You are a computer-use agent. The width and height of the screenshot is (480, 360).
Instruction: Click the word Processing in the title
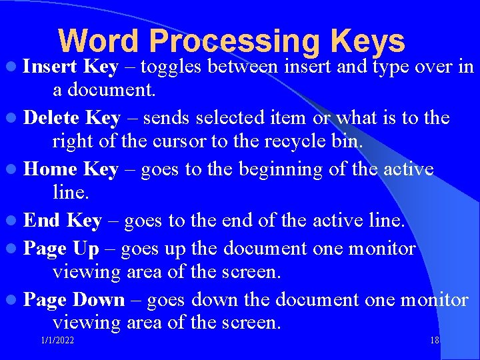pos(235,41)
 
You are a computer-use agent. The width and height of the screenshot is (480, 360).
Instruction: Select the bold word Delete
pos(52,118)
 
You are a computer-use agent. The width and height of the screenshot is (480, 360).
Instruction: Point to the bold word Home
pos(51,169)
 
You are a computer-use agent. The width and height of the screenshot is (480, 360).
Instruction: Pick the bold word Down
pos(99,300)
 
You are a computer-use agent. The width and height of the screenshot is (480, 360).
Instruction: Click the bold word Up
pos(85,249)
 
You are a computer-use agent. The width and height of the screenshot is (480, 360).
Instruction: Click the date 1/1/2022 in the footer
pos(57,341)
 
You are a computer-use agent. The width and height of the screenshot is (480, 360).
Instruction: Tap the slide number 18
pos(435,341)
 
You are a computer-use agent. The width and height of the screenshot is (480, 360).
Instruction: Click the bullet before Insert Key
pos(13,67)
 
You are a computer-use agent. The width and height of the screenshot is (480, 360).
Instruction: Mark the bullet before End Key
pos(13,221)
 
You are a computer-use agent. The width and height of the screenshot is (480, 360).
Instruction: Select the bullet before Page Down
pos(13,301)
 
